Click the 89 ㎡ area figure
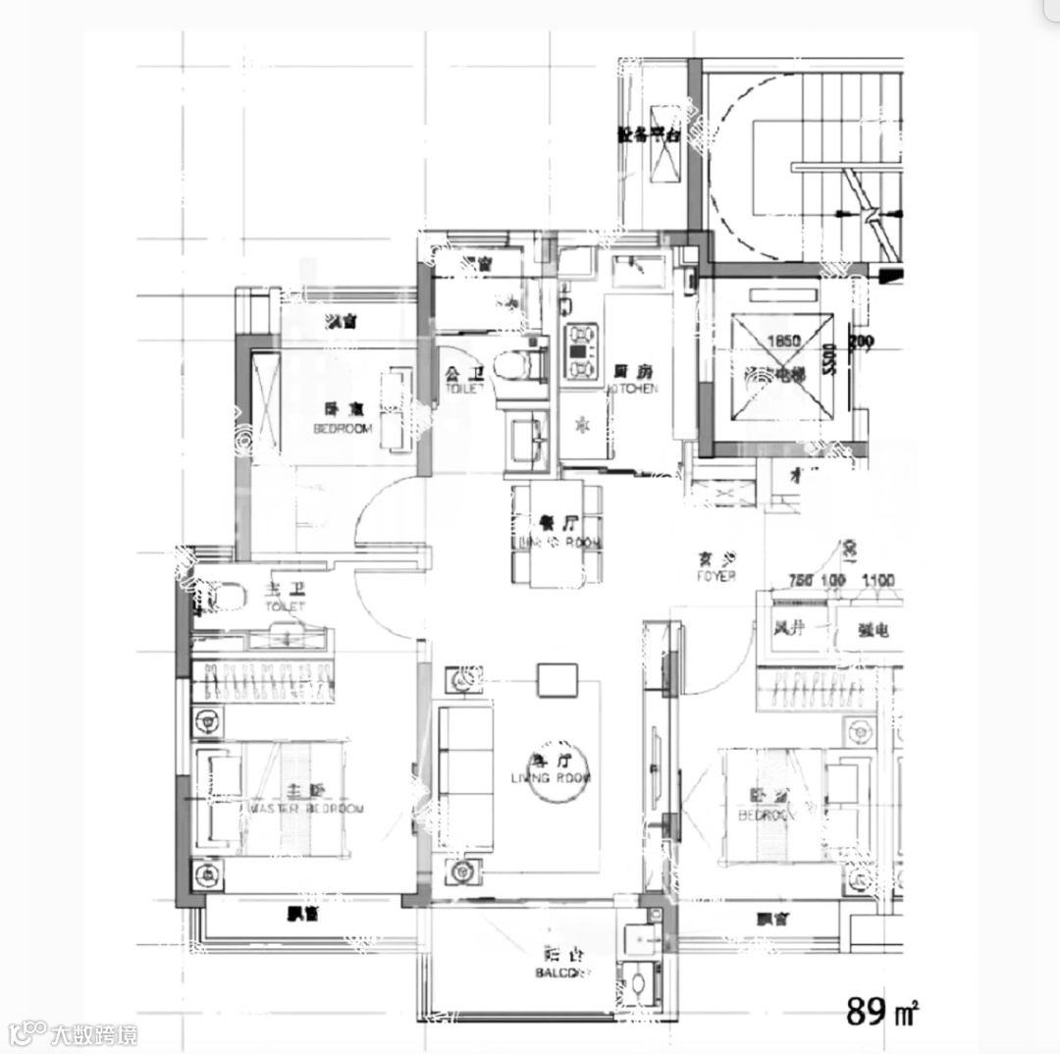click(881, 1011)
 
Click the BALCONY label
click(563, 963)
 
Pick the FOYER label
click(716, 566)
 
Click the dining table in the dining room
click(556, 535)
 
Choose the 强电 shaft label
click(874, 631)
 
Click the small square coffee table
click(556, 679)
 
